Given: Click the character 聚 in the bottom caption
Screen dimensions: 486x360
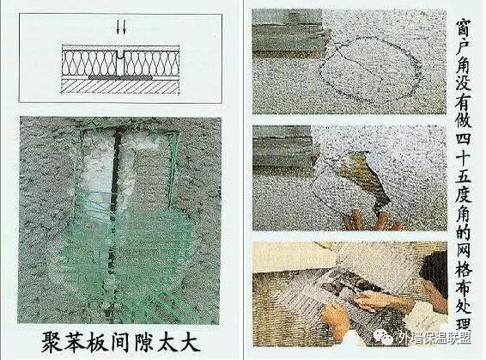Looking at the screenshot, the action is (x=52, y=342).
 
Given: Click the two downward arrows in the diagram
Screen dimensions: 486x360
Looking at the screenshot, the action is (x=121, y=27).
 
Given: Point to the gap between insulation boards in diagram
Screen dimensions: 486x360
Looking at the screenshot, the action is (x=120, y=63).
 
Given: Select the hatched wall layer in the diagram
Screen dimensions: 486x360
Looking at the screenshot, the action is (x=120, y=87).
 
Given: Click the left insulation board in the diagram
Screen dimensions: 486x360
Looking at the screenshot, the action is (x=89, y=63).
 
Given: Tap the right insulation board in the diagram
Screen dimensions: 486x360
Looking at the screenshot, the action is (x=151, y=63).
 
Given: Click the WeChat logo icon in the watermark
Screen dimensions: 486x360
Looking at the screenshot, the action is (x=384, y=337).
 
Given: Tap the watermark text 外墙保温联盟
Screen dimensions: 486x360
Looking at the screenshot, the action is (x=433, y=338).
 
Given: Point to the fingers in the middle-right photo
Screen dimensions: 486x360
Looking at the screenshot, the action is (x=370, y=220).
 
